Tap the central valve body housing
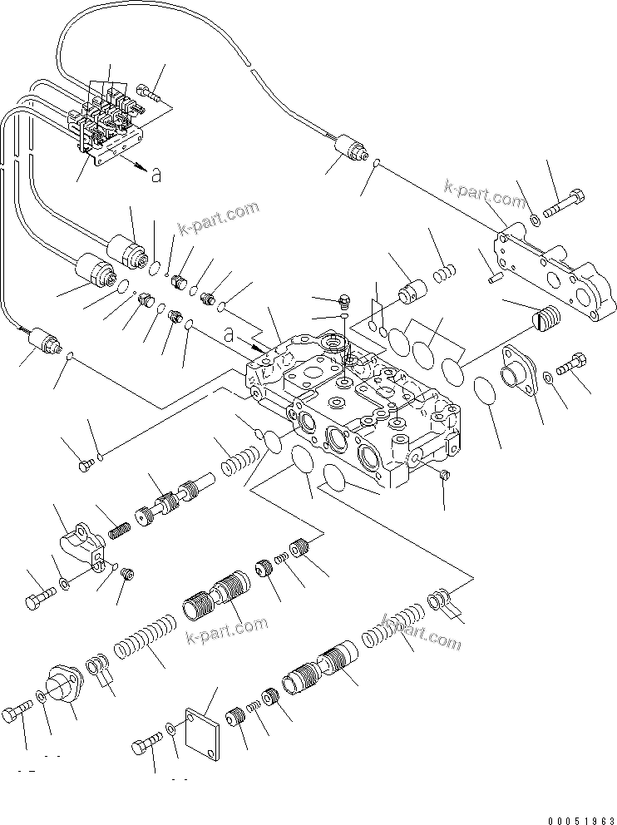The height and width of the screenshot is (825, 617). [x=357, y=408]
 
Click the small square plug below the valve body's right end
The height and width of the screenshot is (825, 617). [x=444, y=475]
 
